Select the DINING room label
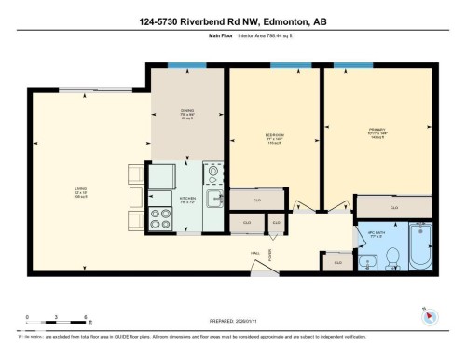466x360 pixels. pos(187,116)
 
